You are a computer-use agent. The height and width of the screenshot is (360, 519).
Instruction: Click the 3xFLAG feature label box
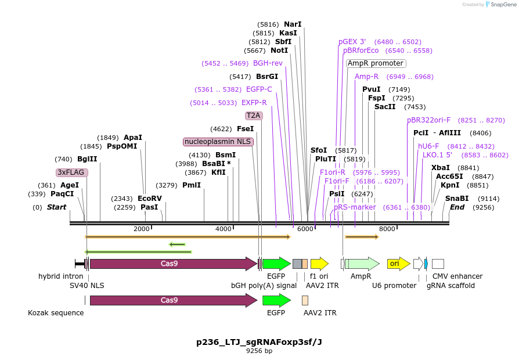point(71,172)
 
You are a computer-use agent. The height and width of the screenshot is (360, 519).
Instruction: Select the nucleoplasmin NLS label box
point(218,142)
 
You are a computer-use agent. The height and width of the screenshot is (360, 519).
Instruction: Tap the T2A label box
point(254,116)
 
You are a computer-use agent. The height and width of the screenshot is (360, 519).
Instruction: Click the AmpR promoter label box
point(376,63)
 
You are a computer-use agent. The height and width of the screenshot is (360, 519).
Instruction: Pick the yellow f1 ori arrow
point(319,264)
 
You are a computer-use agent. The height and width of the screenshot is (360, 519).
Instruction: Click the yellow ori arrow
point(398,264)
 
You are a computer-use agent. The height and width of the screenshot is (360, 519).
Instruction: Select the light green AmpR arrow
point(362,264)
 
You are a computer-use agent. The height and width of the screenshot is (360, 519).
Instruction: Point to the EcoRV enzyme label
point(150,199)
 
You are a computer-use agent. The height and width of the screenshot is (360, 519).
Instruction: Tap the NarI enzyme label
point(293,24)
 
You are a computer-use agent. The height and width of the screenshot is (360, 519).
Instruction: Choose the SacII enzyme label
point(385,107)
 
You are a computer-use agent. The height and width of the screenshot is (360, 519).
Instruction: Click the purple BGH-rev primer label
point(268,63)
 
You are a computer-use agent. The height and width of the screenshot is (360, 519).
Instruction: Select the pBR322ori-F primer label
point(428,120)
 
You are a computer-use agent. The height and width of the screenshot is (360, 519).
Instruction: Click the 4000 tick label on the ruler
point(224,229)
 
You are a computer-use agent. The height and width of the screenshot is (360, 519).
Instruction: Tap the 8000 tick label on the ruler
point(387,229)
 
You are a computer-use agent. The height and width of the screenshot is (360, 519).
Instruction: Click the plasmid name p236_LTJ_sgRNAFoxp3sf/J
point(259,342)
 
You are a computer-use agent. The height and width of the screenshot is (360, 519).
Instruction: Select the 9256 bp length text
point(259,351)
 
